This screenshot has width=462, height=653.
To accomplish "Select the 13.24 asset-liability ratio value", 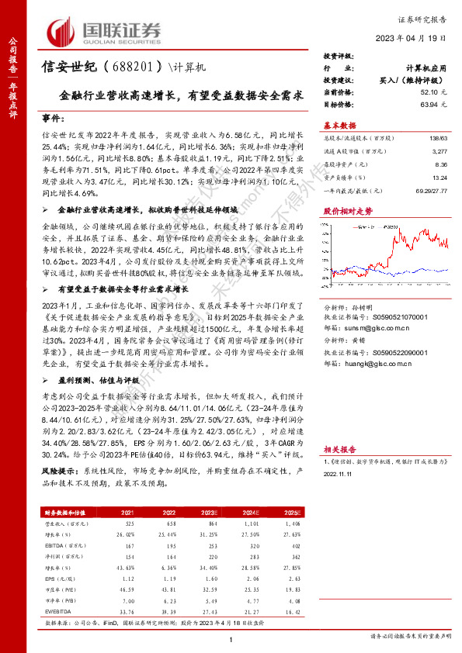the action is (440, 177).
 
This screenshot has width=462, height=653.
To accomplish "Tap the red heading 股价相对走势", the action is (347, 211).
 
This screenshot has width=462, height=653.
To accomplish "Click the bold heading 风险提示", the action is (57, 471).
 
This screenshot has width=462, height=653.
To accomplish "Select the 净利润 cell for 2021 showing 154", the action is (129, 557).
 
